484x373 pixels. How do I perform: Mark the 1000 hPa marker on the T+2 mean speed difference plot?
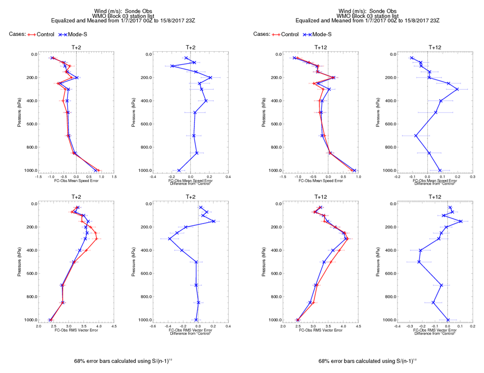(179, 171)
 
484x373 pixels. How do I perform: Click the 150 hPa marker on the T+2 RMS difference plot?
(213, 221)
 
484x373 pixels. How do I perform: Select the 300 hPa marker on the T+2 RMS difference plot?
(169, 239)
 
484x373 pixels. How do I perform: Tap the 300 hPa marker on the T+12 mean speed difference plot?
(457, 89)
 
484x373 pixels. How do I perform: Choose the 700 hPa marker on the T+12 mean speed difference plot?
(415, 136)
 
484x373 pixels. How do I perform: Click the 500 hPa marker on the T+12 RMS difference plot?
(419, 262)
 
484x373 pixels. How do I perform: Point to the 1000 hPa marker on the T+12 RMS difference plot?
(448, 320)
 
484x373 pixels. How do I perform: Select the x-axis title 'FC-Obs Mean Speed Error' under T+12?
(321, 180)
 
